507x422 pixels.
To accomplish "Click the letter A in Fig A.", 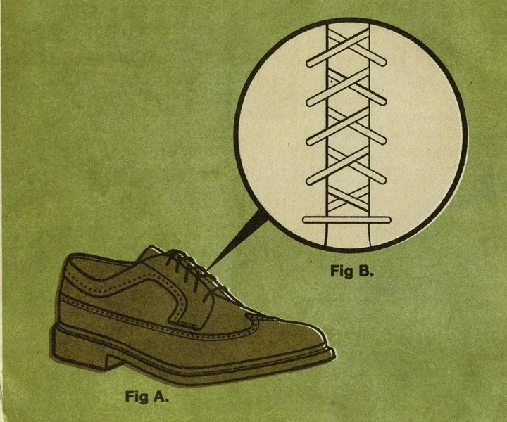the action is click(160, 396).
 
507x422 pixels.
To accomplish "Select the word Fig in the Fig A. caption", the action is click(137, 396).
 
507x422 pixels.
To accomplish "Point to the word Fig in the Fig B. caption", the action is click(342, 271).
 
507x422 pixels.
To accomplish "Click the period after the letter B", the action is click(373, 274).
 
